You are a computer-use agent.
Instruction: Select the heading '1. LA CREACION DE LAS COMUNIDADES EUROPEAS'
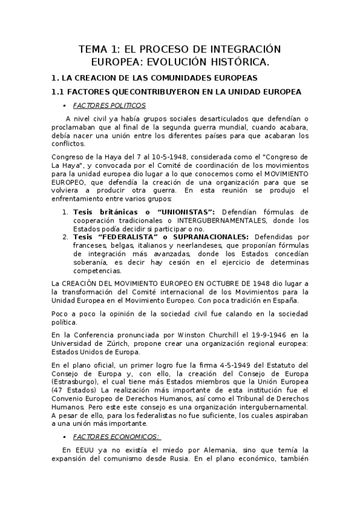coord(154,78)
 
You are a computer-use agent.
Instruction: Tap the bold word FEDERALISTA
coord(125,238)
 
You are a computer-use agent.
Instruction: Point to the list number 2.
coord(65,238)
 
